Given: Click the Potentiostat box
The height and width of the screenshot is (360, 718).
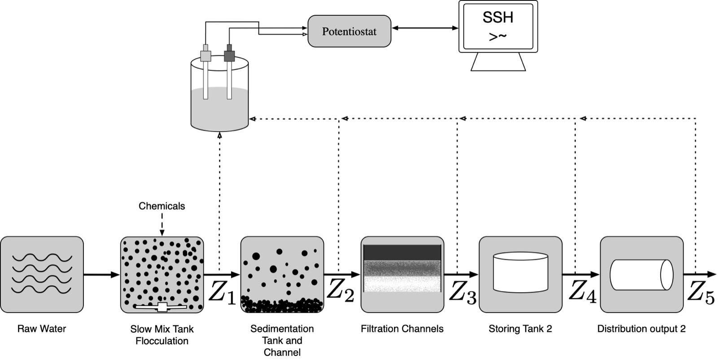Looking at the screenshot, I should (x=349, y=31).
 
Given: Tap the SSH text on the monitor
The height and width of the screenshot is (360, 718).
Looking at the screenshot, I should (x=498, y=18).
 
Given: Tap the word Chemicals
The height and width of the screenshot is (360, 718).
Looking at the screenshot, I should (x=162, y=206).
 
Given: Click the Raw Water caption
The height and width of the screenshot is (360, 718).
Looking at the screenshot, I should (x=42, y=329).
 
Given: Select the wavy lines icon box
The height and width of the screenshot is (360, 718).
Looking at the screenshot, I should (x=42, y=274).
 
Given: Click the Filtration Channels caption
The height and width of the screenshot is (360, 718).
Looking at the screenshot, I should (x=402, y=329).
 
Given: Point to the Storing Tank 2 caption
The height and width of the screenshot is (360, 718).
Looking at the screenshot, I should (x=520, y=329).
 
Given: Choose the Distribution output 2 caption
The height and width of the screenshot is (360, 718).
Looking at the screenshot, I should (x=641, y=329).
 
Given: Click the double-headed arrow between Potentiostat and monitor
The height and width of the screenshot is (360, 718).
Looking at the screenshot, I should (x=425, y=28).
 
